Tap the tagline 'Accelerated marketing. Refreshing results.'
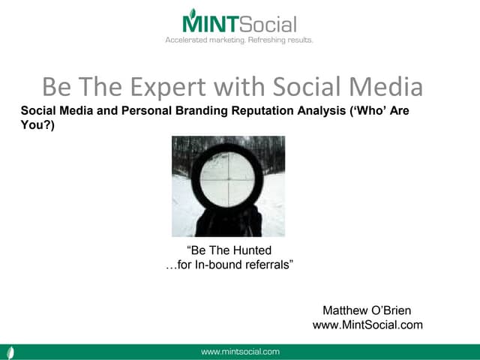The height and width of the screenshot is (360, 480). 239,40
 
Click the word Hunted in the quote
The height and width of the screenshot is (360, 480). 251,250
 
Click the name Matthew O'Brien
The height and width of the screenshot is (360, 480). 367,310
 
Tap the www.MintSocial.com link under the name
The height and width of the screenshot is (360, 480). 367,325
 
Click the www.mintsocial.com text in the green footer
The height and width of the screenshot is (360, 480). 240,351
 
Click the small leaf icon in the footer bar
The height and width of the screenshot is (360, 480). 10,352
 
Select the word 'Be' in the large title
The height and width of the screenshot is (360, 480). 57,87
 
